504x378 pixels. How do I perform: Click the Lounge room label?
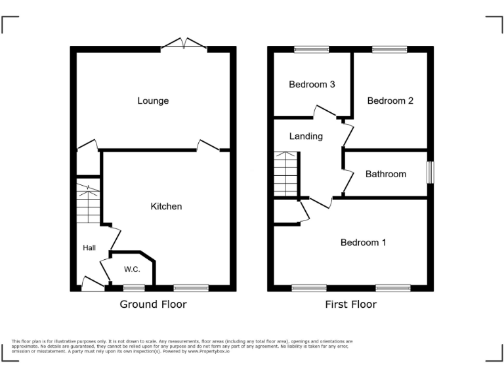pyautogui.click(x=153, y=100)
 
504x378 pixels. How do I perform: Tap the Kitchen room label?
pyautogui.click(x=166, y=206)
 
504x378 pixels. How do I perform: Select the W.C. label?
pyautogui.click(x=132, y=269)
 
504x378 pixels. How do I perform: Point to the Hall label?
pyautogui.click(x=89, y=247)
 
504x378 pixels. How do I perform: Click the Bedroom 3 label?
pyautogui.click(x=312, y=85)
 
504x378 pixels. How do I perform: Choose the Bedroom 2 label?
pyautogui.click(x=390, y=100)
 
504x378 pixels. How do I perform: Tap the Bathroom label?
pyautogui.click(x=385, y=174)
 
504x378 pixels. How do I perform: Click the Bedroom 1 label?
pyautogui.click(x=363, y=242)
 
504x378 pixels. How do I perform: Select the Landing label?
pyautogui.click(x=306, y=136)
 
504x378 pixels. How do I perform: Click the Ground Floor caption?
pyautogui.click(x=153, y=304)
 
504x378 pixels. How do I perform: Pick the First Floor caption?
pyautogui.click(x=350, y=304)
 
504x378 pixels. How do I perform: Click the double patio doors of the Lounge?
pyautogui.click(x=184, y=45)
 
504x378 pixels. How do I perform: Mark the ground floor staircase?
pyautogui.click(x=87, y=204)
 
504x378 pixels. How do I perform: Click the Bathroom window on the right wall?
pyautogui.click(x=430, y=173)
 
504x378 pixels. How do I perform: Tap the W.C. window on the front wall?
pyautogui.click(x=134, y=287)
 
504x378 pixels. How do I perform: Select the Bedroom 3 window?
pyautogui.click(x=312, y=49)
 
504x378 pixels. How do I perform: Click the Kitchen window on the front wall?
pyautogui.click(x=191, y=287)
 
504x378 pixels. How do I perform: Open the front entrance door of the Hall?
pyautogui.click(x=93, y=285)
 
